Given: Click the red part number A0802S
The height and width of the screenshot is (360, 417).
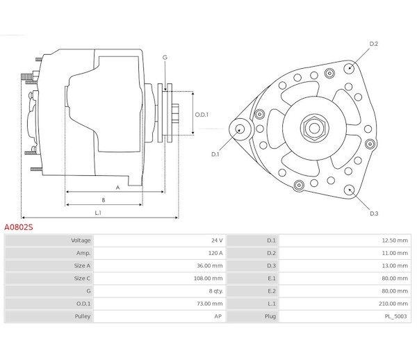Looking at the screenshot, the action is tap(19, 227).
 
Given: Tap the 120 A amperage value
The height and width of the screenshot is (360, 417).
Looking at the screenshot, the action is tap(215, 253).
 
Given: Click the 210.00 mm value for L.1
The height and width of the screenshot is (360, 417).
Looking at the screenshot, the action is tap(393, 304).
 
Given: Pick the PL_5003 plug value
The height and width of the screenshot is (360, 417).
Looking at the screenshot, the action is tap(395, 316).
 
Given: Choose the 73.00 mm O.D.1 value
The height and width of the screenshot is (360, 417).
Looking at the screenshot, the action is tap(210, 304).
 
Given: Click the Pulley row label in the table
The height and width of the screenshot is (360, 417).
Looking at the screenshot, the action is tap(83, 316).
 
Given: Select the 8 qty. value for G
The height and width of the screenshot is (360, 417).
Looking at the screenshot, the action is tap(215, 291).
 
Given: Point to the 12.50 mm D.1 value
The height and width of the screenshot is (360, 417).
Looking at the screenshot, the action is tap(395, 240).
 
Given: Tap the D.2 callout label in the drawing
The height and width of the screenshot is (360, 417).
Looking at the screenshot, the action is tap(374, 44).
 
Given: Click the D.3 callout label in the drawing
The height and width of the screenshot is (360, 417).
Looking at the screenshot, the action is tap(374, 213).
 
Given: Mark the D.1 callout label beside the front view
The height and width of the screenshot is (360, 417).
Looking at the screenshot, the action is tap(215, 154).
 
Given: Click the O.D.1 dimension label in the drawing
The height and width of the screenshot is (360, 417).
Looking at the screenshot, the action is tap(202, 115).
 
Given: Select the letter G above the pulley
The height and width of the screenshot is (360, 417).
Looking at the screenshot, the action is tap(165, 58).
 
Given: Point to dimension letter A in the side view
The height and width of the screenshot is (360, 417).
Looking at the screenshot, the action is tap(118, 188).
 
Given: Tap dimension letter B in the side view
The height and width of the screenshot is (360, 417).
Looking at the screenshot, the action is tap(104, 200).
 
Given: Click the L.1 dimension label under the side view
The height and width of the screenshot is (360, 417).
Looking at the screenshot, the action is tap(98, 213).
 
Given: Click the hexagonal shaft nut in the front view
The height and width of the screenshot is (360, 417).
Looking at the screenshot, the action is tap(314, 128).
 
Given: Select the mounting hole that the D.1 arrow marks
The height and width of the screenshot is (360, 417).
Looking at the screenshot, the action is tap(240, 129).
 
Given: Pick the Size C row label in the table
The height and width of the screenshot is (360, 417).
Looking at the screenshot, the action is tap(82, 279).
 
